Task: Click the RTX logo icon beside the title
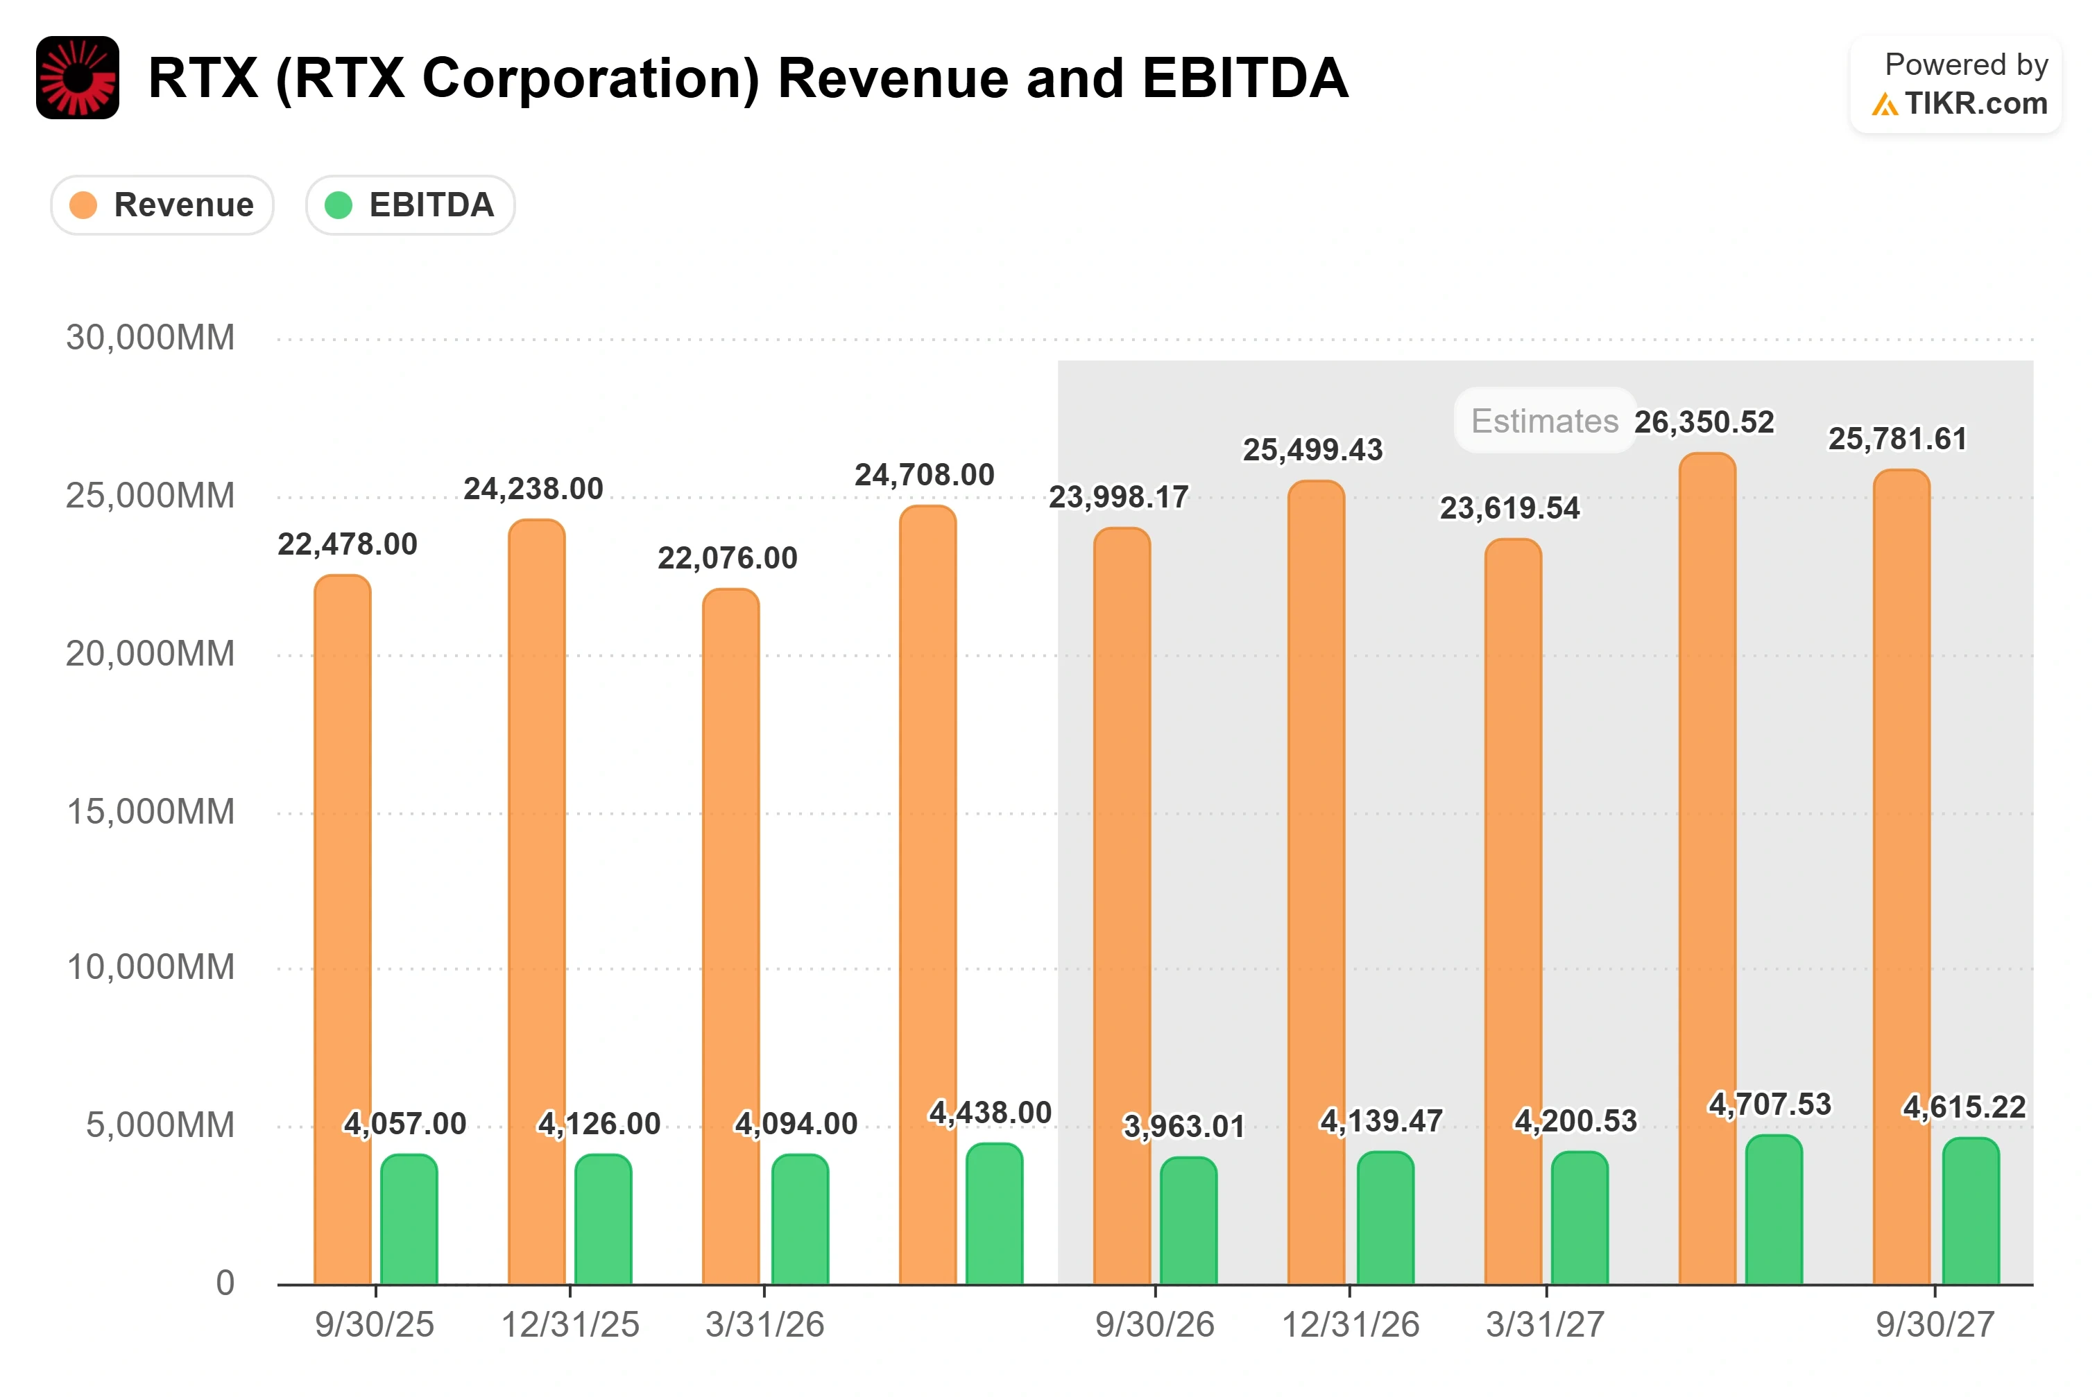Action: coord(78,78)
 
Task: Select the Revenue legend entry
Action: coord(162,205)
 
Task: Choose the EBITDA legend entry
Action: coord(410,205)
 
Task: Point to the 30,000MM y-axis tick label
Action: coord(150,338)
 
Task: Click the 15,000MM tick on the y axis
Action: coord(151,812)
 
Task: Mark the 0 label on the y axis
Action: coord(225,1283)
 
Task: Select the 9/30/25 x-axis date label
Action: coord(375,1325)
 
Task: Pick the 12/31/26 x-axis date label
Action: coord(1350,1325)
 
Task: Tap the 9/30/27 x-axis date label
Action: coord(1935,1325)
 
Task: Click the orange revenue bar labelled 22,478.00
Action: coord(342,929)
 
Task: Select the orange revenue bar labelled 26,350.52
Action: coord(1706,869)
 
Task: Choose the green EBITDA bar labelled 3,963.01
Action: coord(1188,1221)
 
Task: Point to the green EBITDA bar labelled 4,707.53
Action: coord(1774,1209)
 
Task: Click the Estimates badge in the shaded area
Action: coord(1544,421)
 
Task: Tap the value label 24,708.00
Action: coord(924,475)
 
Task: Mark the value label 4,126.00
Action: coord(599,1123)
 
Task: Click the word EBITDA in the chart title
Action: coord(1245,78)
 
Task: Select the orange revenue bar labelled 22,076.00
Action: coord(730,937)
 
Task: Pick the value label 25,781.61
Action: coord(1897,438)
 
